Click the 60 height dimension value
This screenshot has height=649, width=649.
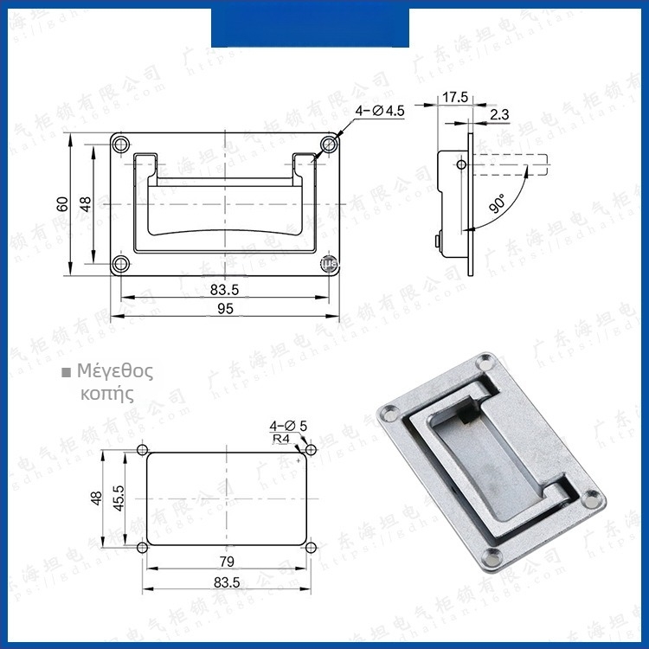click(61, 203)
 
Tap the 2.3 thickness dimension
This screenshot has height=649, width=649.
click(499, 113)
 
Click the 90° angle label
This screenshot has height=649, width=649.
click(497, 205)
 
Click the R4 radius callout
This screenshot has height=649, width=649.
click(281, 439)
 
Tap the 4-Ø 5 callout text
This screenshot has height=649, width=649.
click(288, 426)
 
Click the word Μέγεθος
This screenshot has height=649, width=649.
click(115, 372)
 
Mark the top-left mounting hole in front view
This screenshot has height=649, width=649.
click(121, 145)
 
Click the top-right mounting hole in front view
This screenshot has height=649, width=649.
click(327, 145)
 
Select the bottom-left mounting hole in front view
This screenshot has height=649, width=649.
click(121, 262)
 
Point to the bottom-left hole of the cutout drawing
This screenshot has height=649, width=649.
click(143, 548)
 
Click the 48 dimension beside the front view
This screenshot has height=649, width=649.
click(85, 203)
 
